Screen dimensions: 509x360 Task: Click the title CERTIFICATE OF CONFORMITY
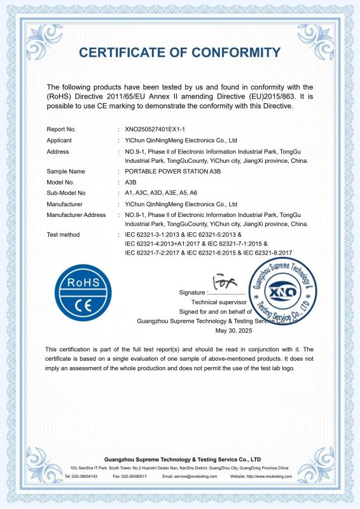[x=180, y=52]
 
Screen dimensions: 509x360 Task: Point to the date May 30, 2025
[x=234, y=331]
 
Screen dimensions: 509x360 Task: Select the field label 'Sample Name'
[x=66, y=172]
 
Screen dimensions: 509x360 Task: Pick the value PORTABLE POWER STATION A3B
[x=167, y=172]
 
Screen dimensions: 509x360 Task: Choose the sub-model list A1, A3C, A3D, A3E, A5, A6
[x=161, y=193]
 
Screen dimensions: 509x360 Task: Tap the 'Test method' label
[x=64, y=235]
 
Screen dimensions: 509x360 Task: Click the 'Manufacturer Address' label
[x=76, y=215]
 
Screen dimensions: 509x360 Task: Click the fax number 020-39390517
[x=134, y=476]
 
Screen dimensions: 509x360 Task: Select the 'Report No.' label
[x=61, y=129]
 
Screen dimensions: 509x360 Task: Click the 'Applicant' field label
[x=59, y=140]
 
